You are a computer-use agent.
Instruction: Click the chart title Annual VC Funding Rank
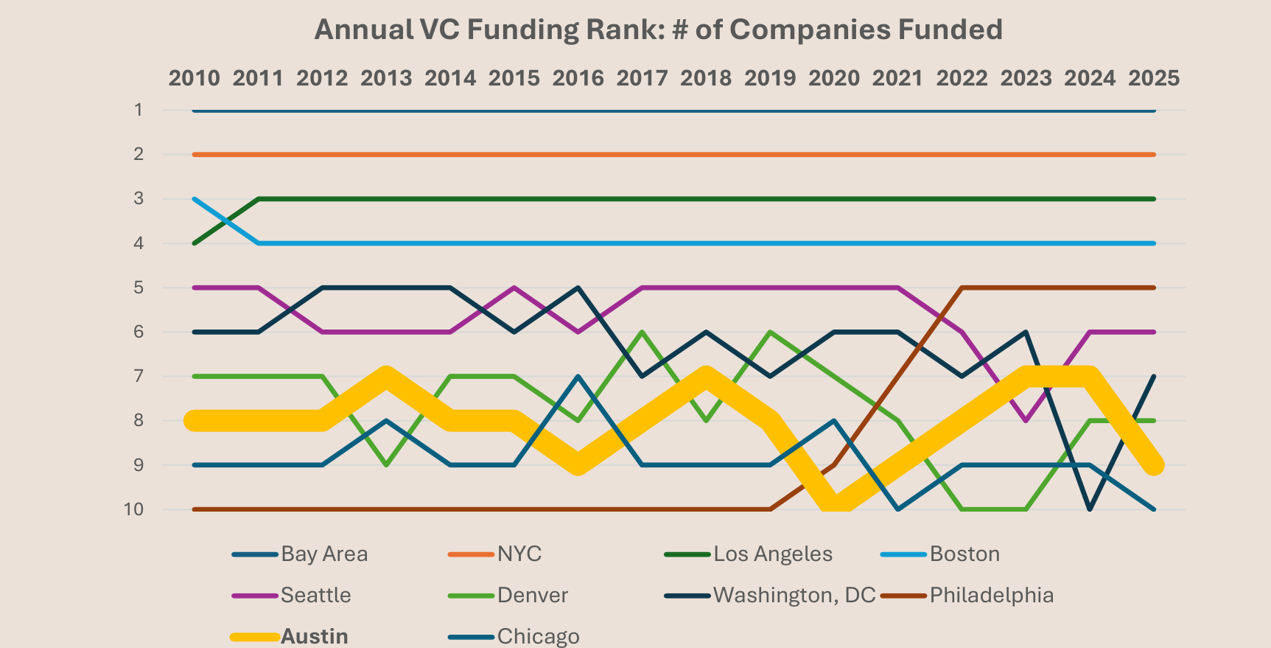pyautogui.click(x=658, y=30)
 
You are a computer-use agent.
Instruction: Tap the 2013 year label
pyautogui.click(x=386, y=78)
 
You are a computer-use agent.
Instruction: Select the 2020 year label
pyautogui.click(x=834, y=78)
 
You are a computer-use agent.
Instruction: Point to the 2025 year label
pyautogui.click(x=1154, y=78)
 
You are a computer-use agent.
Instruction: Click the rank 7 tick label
pyautogui.click(x=138, y=376)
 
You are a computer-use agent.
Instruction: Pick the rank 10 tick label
pyautogui.click(x=133, y=509)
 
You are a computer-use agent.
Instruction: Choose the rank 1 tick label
pyautogui.click(x=138, y=110)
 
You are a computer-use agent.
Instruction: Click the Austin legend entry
pyautogui.click(x=314, y=636)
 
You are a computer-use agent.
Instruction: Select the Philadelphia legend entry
pyautogui.click(x=991, y=595)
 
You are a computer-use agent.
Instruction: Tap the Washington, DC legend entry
pyautogui.click(x=794, y=595)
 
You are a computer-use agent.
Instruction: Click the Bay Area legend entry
pyautogui.click(x=323, y=554)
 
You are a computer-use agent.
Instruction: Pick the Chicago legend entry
pyautogui.click(x=538, y=636)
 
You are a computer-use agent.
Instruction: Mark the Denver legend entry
pyautogui.click(x=532, y=595)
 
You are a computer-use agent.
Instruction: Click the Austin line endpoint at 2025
pyautogui.click(x=1154, y=464)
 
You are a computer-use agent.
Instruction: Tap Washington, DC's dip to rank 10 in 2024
pyautogui.click(x=1090, y=509)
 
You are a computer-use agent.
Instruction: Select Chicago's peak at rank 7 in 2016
pyautogui.click(x=578, y=376)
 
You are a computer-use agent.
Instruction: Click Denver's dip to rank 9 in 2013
pyautogui.click(x=386, y=464)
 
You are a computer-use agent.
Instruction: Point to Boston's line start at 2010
pyautogui.click(x=195, y=199)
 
